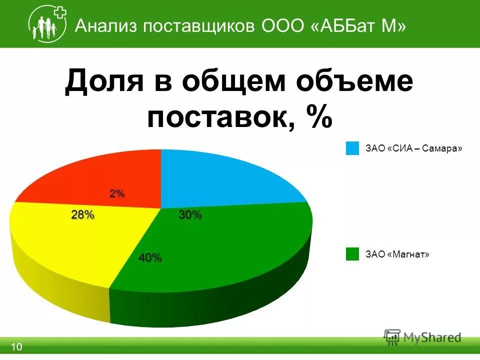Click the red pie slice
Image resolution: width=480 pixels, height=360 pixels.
100,175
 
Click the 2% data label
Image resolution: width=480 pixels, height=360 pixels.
117,194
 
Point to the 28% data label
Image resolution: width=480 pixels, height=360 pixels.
82,215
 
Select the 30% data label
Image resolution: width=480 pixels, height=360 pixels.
190,215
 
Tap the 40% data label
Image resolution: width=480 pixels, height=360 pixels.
150,258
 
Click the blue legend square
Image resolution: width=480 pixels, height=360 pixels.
352,148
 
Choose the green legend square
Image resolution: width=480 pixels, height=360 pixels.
352,254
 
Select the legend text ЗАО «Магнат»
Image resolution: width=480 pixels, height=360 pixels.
397,254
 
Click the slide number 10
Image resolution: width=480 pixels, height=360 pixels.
16,347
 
